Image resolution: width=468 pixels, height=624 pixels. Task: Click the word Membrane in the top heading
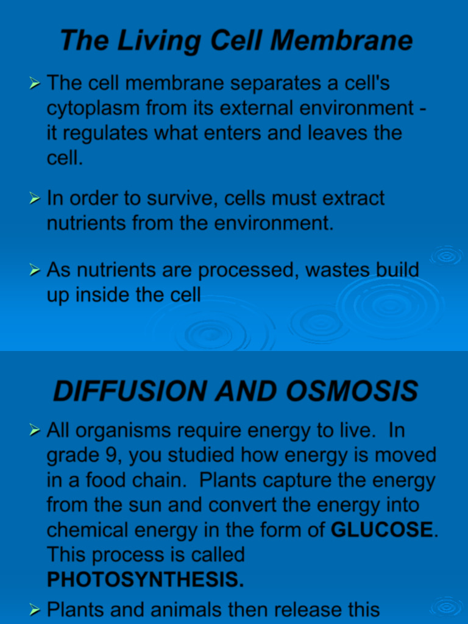[x=341, y=41]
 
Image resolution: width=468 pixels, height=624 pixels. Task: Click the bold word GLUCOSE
[x=381, y=530]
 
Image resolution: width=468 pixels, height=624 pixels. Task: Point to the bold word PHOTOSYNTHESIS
[x=145, y=580]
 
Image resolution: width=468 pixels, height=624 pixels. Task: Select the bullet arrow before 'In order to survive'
[x=35, y=199]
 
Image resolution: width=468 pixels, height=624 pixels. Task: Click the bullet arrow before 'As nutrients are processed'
[x=35, y=270]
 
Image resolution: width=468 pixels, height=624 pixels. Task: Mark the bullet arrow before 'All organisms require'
[x=35, y=431]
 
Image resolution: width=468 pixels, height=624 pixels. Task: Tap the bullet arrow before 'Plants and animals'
[x=35, y=609]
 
